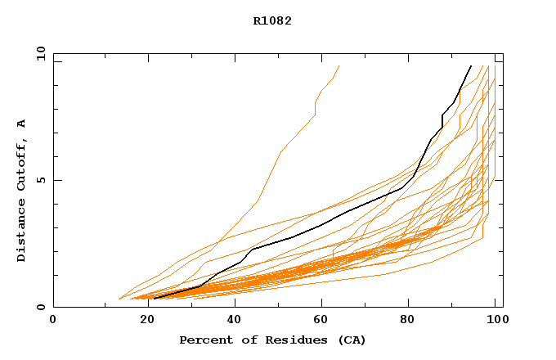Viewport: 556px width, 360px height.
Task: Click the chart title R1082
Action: click(x=272, y=21)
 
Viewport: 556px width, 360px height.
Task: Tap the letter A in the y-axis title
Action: click(x=21, y=124)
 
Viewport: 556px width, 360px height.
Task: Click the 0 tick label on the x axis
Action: click(x=53, y=321)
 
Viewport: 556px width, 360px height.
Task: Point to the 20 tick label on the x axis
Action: click(x=142, y=321)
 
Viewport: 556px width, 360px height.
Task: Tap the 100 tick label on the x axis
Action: click(x=495, y=321)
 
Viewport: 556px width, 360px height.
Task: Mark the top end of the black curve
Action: click(x=471, y=65)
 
